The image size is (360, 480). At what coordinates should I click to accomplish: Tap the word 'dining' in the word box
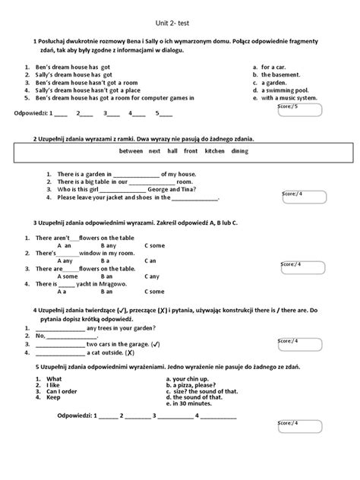tap(239, 151)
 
